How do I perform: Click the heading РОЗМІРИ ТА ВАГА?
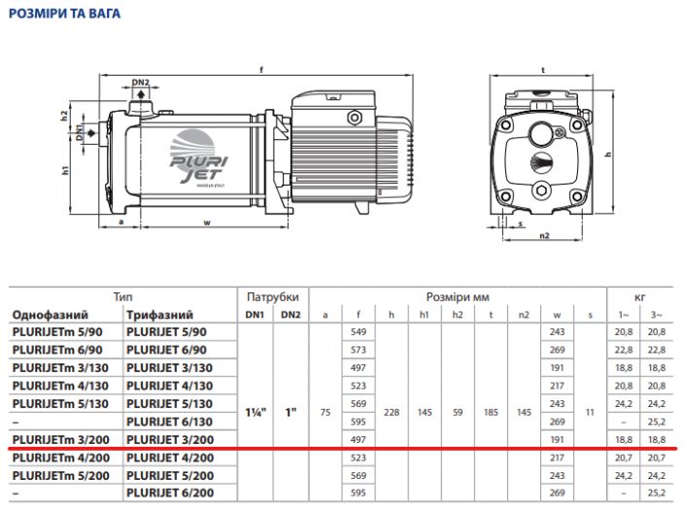(64, 14)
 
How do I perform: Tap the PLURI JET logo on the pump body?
(197, 157)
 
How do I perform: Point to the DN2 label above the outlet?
(141, 83)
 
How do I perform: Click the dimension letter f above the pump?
(261, 70)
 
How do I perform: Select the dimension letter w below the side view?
(207, 222)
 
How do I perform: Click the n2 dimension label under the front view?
(544, 235)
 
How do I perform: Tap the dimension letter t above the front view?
(543, 70)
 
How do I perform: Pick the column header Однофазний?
(51, 315)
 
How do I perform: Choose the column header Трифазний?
(159, 315)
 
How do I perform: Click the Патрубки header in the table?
(273, 297)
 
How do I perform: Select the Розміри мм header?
(458, 297)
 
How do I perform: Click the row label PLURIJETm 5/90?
(57, 332)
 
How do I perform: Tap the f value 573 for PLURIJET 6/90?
(359, 350)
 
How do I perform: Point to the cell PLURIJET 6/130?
(170, 422)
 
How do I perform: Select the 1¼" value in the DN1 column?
(256, 412)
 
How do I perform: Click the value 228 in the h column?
(392, 412)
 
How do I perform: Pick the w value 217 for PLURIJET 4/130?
(557, 386)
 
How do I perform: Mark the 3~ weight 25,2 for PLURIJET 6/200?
(657, 493)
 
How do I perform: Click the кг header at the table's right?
(639, 297)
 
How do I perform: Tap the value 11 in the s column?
(590, 412)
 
